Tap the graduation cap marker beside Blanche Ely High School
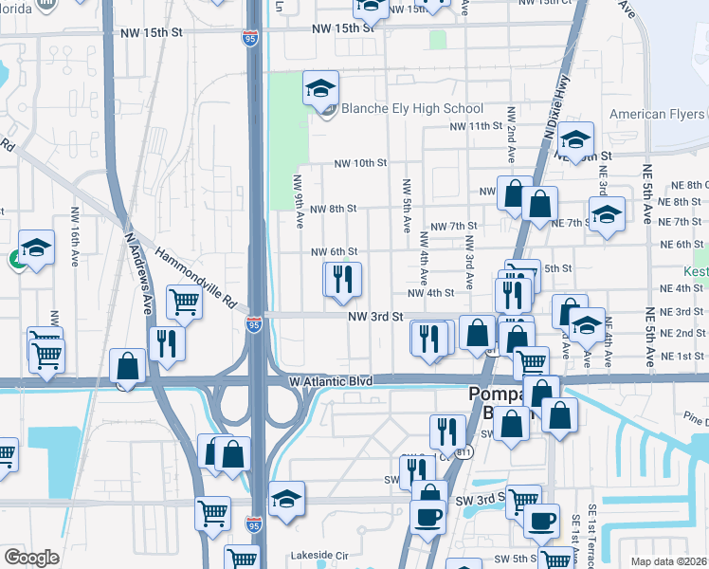coord(320,89)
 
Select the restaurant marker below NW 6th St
coord(343,280)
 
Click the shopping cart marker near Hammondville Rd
coord(184,303)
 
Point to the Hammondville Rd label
coord(196,280)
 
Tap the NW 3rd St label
coord(370,318)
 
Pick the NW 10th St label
coord(360,163)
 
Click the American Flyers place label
coord(650,115)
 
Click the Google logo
coord(31,558)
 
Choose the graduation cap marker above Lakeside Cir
coord(286,499)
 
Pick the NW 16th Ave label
coord(75,232)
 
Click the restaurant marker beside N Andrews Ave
coord(167,343)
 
